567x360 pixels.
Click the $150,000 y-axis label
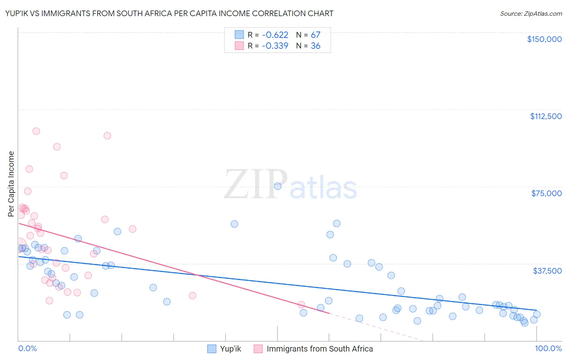(544, 39)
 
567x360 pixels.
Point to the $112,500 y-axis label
(546, 116)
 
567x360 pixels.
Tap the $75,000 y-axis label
(546, 193)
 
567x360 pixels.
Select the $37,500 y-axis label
(547, 271)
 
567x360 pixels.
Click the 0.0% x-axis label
(27, 348)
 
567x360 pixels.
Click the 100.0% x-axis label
(548, 348)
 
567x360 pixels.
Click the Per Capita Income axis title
(11, 184)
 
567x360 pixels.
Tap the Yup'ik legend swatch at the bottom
(212, 349)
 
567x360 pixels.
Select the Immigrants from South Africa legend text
(319, 349)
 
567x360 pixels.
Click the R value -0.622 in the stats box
(275, 35)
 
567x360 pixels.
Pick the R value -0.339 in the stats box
(275, 46)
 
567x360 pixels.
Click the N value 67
(315, 35)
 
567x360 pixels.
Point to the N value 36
(315, 46)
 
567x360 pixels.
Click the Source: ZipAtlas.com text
(531, 14)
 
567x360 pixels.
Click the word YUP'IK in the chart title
(19, 14)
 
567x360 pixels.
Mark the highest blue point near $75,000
(277, 186)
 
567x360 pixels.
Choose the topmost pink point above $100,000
(36, 131)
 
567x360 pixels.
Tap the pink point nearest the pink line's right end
(301, 305)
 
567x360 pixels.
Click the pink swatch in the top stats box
(239, 46)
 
